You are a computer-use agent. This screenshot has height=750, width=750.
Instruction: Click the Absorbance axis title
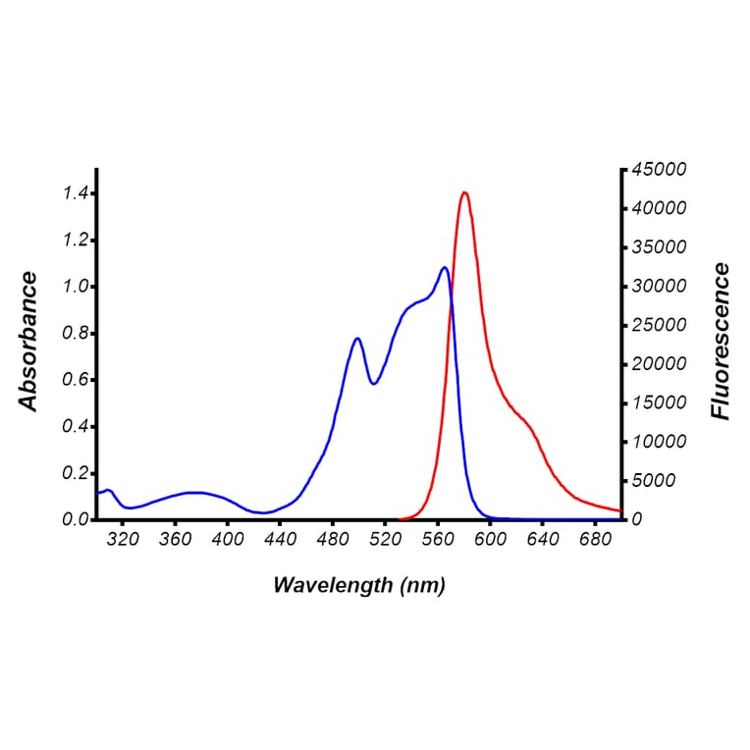tap(28, 343)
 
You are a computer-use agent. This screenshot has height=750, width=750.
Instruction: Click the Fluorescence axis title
tap(722, 342)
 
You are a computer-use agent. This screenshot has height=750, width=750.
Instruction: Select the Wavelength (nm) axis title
tap(358, 586)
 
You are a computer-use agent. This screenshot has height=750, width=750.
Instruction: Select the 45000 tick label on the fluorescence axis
tap(659, 170)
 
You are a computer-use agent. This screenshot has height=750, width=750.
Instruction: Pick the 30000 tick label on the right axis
tap(659, 287)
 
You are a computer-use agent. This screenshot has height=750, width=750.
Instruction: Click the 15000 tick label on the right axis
tap(659, 402)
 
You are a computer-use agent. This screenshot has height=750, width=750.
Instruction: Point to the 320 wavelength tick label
tap(123, 539)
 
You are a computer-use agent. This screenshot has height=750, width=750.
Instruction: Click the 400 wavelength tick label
tap(228, 539)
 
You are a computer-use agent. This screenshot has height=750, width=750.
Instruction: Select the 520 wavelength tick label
tap(385, 539)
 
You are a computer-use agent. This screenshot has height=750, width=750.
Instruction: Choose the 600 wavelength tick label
tap(490, 539)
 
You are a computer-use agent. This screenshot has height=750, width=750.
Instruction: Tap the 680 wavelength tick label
tap(595, 539)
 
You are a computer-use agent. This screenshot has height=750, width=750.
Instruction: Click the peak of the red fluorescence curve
tap(464, 192)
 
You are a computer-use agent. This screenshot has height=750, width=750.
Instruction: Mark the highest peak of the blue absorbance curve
tap(445, 267)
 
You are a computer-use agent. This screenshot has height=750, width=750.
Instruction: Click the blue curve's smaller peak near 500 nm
tap(357, 339)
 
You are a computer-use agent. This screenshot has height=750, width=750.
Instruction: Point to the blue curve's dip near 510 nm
tap(373, 383)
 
